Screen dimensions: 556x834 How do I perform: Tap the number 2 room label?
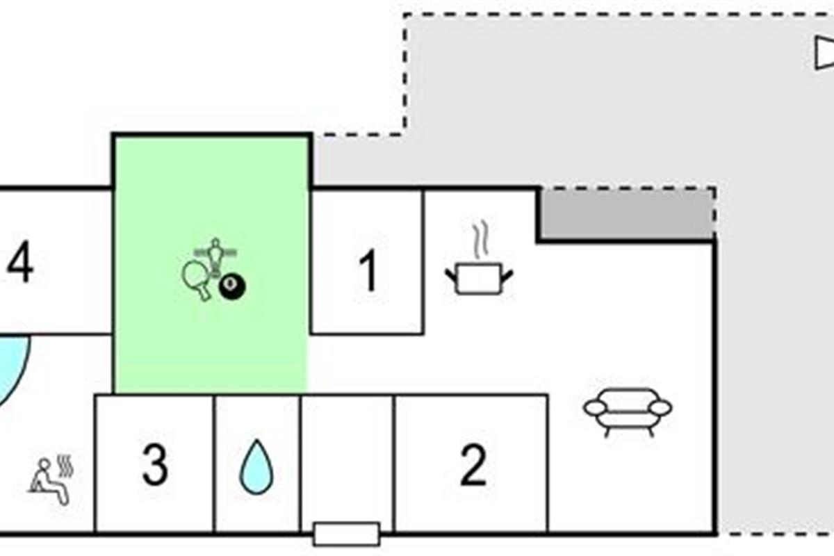coord(473,466)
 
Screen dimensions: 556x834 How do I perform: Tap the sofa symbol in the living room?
coord(628,411)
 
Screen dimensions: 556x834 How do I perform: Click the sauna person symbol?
coord(49,481)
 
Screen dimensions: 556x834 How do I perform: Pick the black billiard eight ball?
coord(231,286)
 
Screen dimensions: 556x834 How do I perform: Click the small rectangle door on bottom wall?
coord(346,534)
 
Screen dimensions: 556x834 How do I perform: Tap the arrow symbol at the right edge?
coord(824,54)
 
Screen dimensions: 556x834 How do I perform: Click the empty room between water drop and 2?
coord(347,459)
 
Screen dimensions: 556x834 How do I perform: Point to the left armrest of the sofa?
coord(595,408)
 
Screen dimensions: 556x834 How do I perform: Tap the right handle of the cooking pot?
coord(507,276)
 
